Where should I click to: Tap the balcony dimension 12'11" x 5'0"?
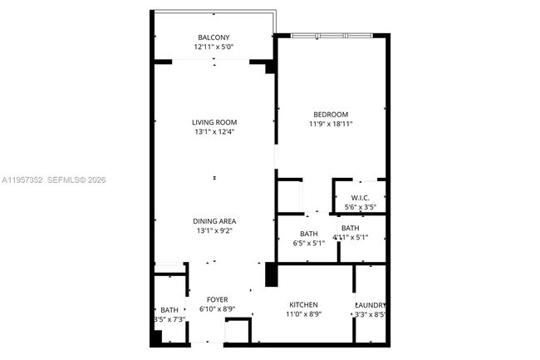click(214, 48)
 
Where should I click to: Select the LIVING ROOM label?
click(214, 123)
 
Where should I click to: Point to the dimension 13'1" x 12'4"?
click(214, 132)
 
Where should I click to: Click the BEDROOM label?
click(331, 115)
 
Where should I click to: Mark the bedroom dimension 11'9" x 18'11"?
click(331, 125)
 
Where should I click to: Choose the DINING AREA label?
click(214, 221)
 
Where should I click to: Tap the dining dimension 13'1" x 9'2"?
click(214, 231)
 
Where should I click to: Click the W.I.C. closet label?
click(359, 197)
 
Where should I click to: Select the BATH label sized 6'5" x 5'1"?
click(309, 234)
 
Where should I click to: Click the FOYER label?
click(217, 299)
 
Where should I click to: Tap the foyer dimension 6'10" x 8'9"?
click(217, 309)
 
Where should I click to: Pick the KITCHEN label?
click(303, 305)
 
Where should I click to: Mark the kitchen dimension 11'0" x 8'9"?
click(303, 315)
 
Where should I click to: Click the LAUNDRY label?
click(371, 305)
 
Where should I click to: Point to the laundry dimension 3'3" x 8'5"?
click(371, 315)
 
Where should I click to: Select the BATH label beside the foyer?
click(169, 310)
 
